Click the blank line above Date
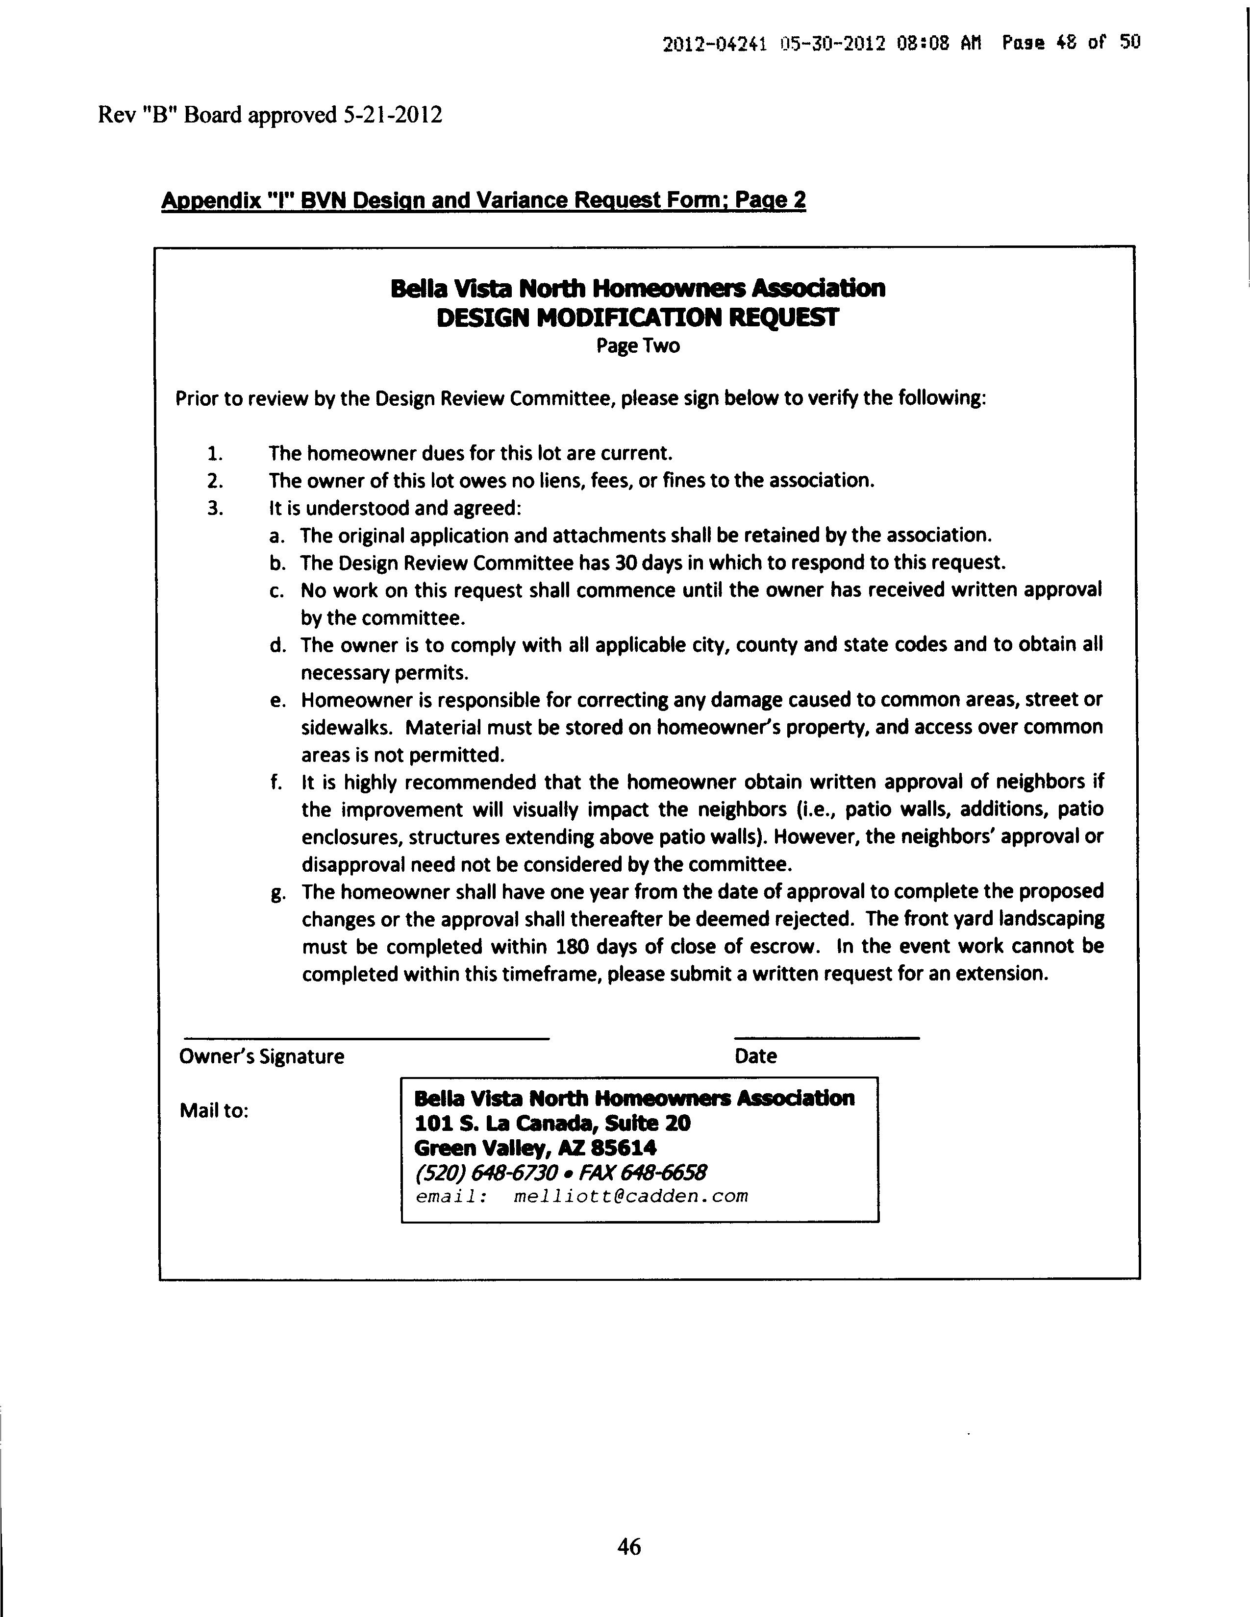(x=826, y=1037)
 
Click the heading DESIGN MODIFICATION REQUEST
(x=638, y=318)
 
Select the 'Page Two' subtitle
(x=638, y=346)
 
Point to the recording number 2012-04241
(x=714, y=44)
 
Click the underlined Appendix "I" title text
(x=483, y=200)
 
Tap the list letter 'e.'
(x=277, y=700)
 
